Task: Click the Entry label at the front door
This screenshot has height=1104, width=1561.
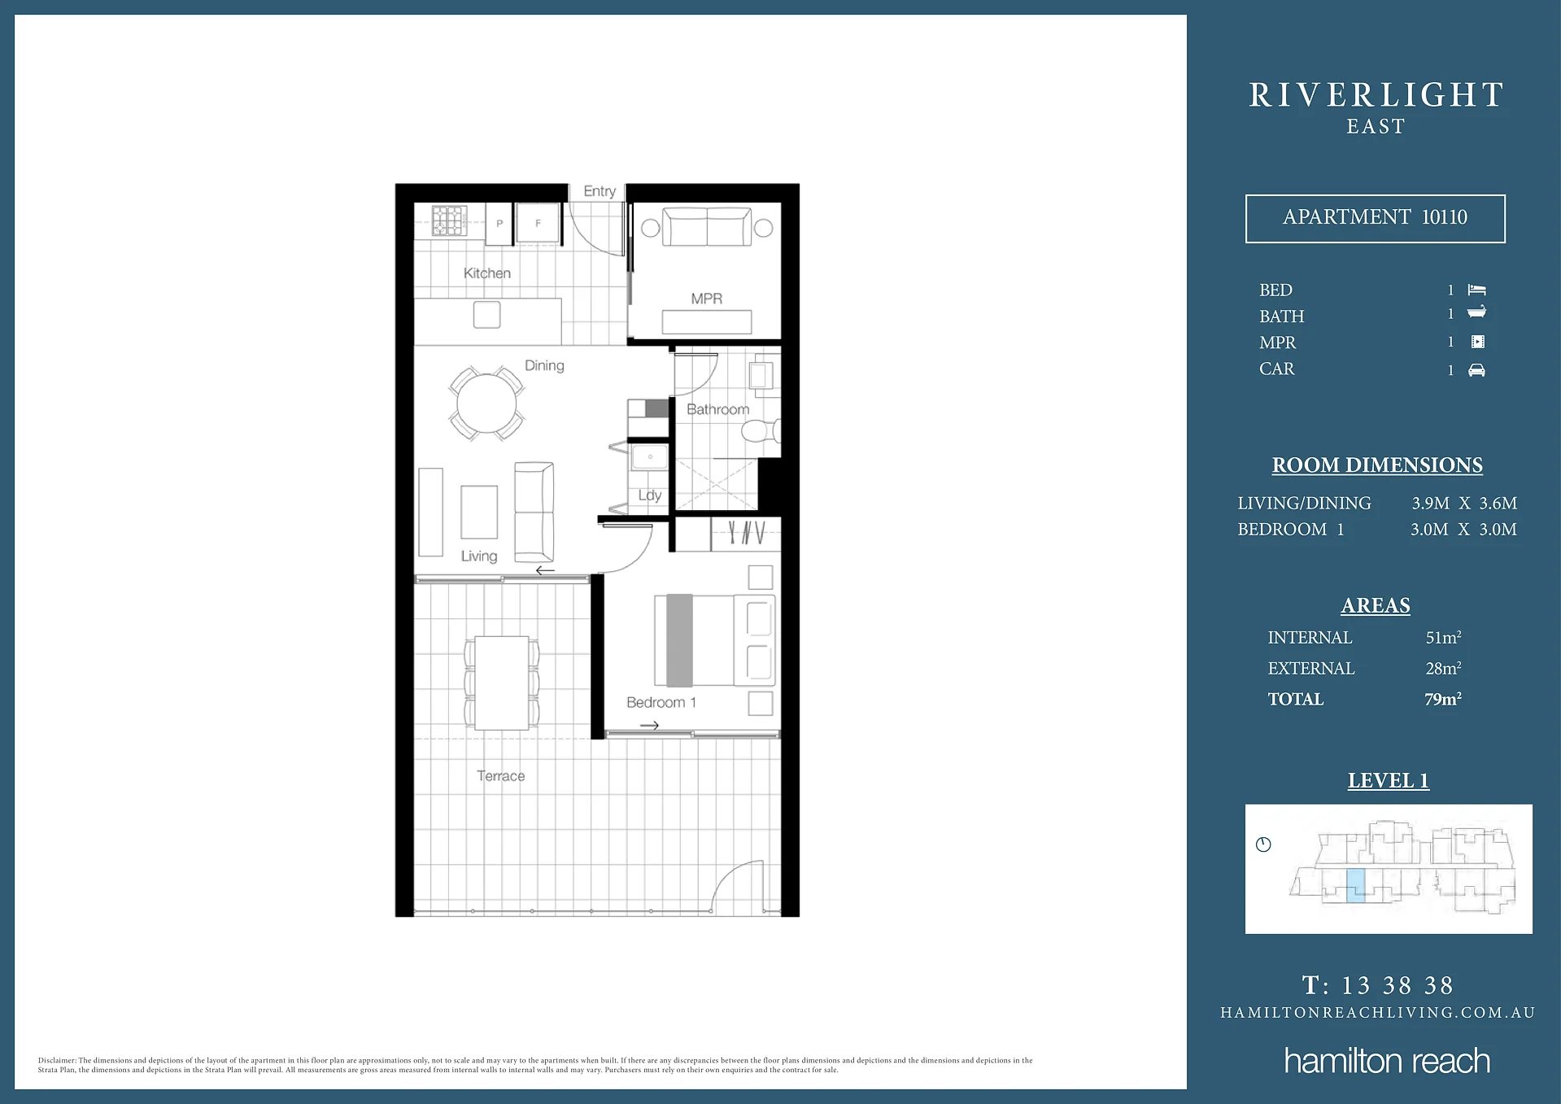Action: click(600, 191)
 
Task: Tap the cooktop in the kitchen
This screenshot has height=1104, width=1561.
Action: click(449, 220)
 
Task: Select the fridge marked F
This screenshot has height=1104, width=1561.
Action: click(538, 223)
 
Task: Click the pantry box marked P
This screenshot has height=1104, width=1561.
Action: click(499, 223)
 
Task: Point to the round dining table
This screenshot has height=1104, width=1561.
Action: click(486, 404)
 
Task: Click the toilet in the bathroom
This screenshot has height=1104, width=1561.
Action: click(761, 430)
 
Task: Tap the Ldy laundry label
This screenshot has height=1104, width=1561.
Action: click(650, 495)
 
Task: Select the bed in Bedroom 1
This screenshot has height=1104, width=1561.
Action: click(714, 640)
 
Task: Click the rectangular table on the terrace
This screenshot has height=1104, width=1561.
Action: click(502, 683)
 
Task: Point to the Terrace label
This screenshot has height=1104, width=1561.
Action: click(501, 776)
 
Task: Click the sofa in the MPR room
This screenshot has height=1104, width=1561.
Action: click(707, 226)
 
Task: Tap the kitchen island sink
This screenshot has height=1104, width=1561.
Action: click(486, 315)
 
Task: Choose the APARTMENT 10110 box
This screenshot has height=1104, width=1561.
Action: click(1375, 218)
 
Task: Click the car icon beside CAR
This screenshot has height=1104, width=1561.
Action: click(1476, 370)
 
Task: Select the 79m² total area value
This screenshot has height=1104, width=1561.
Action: click(1443, 699)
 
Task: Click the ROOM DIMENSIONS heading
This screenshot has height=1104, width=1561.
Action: click(1377, 465)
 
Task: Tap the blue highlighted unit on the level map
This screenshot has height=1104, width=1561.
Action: click(1355, 885)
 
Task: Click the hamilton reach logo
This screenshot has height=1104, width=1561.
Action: click(1387, 1061)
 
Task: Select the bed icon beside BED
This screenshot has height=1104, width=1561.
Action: click(1476, 290)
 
